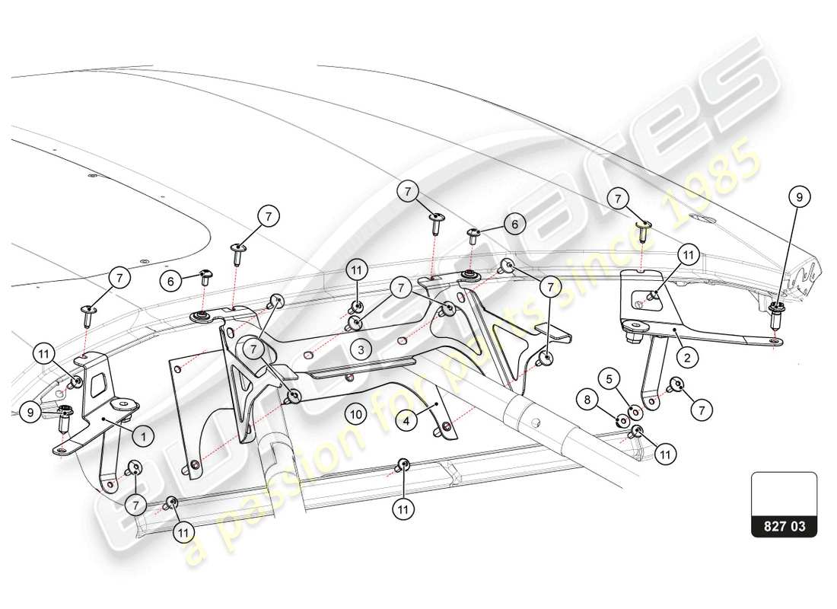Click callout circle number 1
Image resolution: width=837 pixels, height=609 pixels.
click(x=142, y=437)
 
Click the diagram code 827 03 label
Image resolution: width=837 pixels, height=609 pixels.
click(x=784, y=525)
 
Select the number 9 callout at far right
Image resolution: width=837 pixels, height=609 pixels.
click(x=798, y=197)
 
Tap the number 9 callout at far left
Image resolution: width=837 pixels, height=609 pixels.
click(x=31, y=412)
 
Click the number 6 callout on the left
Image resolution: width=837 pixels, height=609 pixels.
click(x=171, y=281)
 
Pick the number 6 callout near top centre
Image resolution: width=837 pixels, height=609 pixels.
click(x=514, y=224)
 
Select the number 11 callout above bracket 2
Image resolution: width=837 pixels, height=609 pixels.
click(x=688, y=255)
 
